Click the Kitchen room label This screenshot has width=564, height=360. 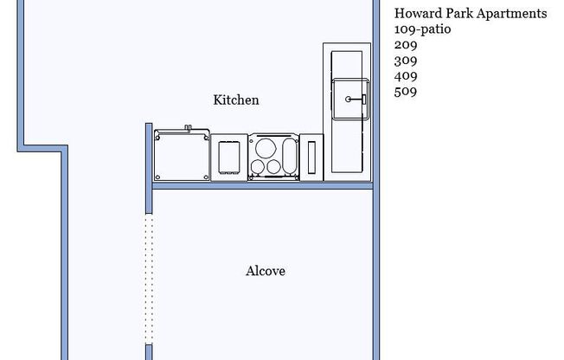[236, 100]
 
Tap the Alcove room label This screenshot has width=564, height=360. [266, 272]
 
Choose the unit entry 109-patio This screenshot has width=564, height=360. [423, 29]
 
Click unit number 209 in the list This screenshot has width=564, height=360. [406, 45]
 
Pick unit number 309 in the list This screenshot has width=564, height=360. [406, 61]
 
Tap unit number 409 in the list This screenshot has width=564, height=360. [406, 76]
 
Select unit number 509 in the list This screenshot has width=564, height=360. [406, 91]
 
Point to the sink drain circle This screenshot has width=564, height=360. [349, 100]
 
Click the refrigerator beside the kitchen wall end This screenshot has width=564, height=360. [182, 156]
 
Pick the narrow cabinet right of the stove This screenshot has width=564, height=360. [311, 157]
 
